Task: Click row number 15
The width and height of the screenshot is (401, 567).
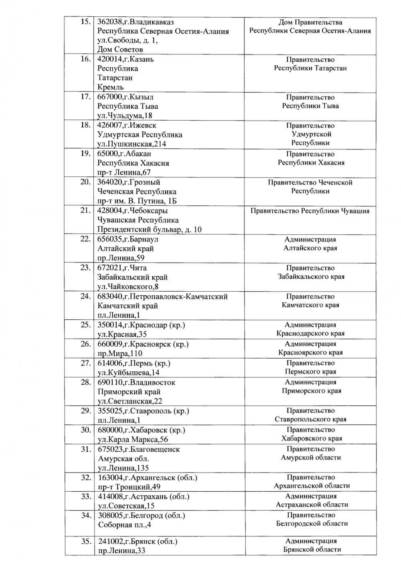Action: click(85, 22)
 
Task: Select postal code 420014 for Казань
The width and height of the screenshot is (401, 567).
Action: click(109, 59)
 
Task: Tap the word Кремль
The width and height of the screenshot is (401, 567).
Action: click(111, 87)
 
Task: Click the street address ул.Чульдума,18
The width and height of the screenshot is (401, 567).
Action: click(125, 115)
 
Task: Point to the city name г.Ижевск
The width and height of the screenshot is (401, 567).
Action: click(138, 125)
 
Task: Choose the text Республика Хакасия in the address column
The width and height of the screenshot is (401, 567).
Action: click(133, 163)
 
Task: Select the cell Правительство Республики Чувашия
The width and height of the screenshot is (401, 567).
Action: click(310, 211)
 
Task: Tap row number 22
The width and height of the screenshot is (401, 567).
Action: click(85, 239)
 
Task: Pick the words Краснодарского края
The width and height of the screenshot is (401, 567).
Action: click(310, 333)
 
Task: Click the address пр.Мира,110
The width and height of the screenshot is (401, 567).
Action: click(120, 353)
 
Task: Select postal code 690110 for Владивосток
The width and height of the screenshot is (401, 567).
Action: click(109, 382)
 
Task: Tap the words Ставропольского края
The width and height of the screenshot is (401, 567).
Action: click(310, 420)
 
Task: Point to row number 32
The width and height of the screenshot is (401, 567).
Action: click(85, 478)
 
